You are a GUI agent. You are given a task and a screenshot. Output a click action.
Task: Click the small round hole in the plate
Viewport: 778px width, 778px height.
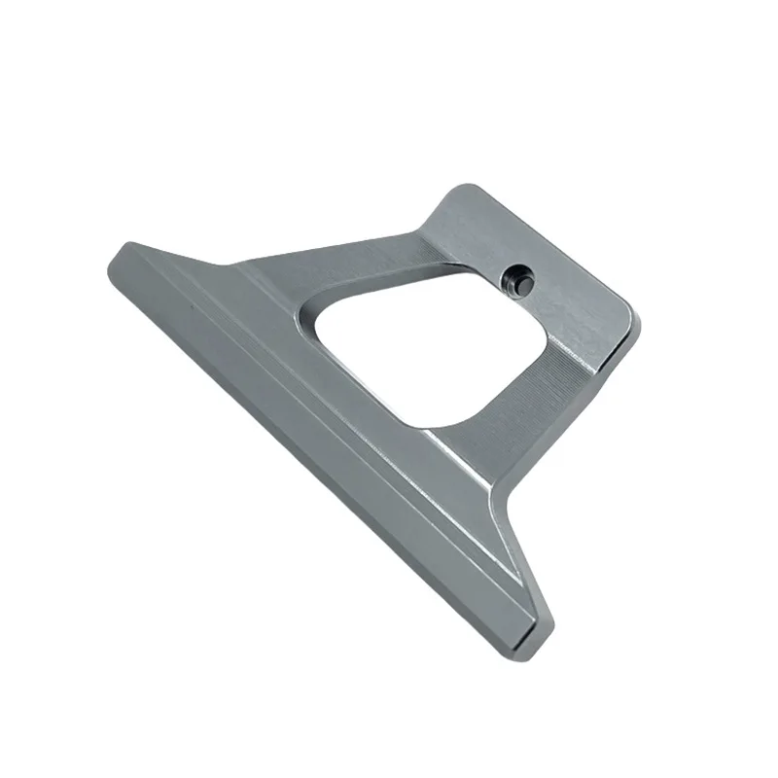click(515, 279)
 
